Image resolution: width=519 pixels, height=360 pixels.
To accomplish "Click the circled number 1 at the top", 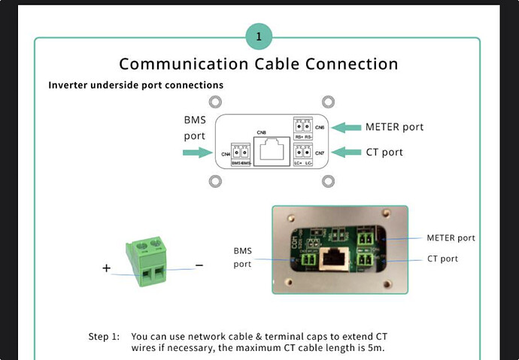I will coord(259,35).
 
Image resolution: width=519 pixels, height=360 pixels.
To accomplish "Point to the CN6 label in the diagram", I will coord(320,128).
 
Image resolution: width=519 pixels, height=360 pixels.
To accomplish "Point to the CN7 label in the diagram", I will coord(320,153).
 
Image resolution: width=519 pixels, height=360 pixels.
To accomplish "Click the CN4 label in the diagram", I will coord(226,154).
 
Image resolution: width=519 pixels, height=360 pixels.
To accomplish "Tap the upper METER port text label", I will coord(394,126).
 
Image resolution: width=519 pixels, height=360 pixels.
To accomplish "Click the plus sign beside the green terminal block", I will coord(106,268).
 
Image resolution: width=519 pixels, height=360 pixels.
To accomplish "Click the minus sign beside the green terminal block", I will coord(199,265).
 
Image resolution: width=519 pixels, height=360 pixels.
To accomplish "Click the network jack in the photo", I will coord(331,260).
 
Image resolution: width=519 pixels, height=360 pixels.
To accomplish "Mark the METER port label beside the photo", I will coord(451,237).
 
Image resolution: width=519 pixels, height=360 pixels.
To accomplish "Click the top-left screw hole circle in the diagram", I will coord(214,101).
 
